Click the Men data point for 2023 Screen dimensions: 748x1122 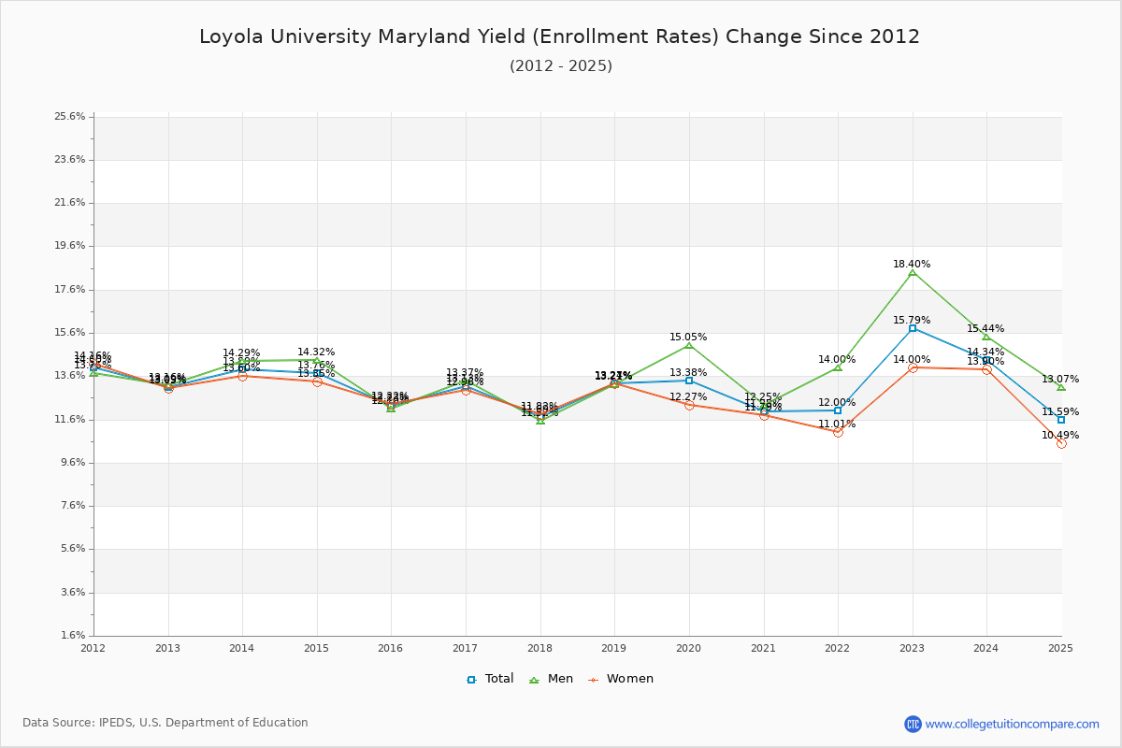pos(913,272)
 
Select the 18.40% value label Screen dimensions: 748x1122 pos(912,265)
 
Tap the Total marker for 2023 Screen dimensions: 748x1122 pos(913,328)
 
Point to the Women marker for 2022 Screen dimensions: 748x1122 pos(838,432)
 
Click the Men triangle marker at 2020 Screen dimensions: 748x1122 pos(689,345)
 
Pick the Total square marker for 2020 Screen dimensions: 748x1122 pos(689,381)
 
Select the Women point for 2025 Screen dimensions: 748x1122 pos(1061,443)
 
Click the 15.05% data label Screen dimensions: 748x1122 pos(688,338)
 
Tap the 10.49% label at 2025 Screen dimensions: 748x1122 pos(1060,436)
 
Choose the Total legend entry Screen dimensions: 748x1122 pos(491,679)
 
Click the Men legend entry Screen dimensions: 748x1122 pos(553,679)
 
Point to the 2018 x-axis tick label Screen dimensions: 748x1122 pos(539,648)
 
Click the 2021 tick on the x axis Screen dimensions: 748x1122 pos(763,648)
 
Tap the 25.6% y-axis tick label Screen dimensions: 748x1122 pos(71,117)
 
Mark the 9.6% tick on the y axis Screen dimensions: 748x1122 pos(73,463)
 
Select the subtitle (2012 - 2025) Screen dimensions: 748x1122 pos(561,66)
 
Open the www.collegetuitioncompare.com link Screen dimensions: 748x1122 pos(1012,724)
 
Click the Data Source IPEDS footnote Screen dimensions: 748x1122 pos(165,723)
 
